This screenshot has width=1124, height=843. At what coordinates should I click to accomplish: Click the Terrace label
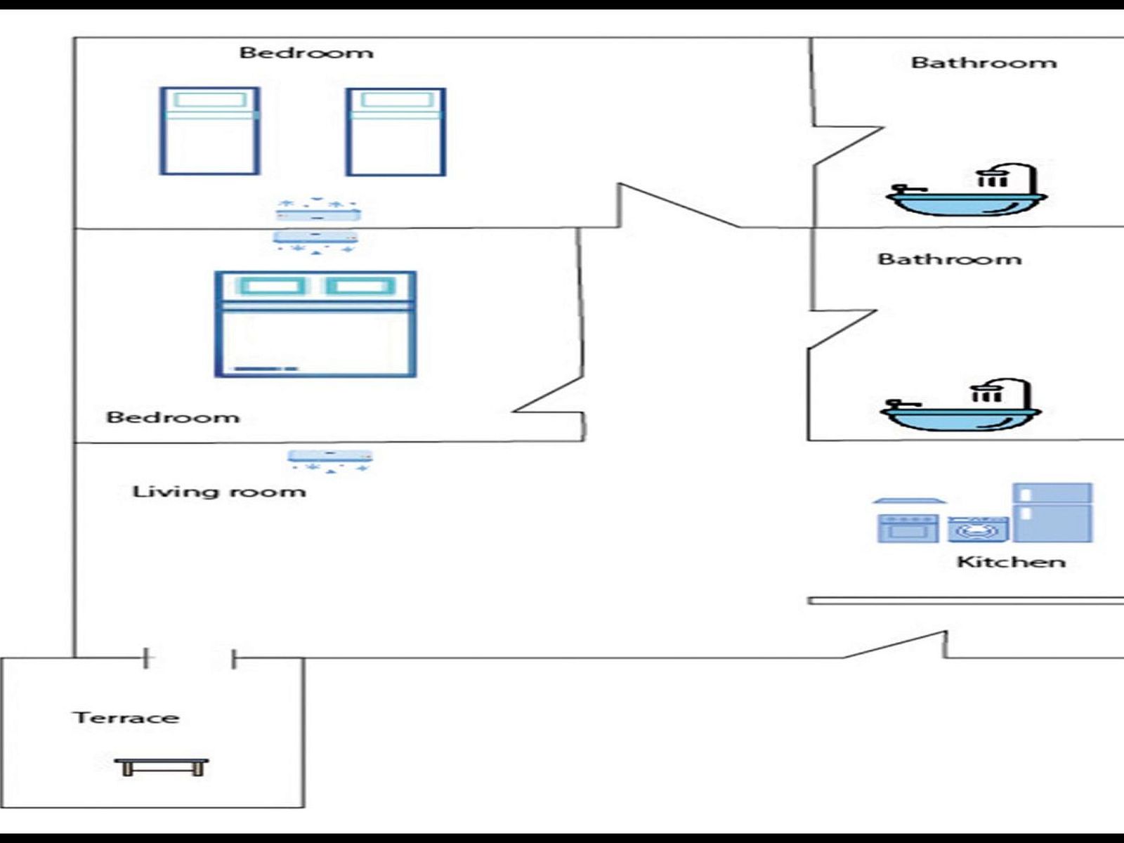tap(126, 717)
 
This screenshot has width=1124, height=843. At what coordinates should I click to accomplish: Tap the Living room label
tap(219, 491)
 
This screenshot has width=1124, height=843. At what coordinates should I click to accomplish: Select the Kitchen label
tap(1011, 561)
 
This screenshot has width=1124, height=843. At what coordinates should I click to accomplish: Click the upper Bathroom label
tap(983, 63)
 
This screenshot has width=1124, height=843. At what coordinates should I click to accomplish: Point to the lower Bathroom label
tap(950, 259)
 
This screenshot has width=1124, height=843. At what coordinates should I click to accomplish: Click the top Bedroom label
tap(306, 53)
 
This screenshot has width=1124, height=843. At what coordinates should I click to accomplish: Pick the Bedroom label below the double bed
tap(173, 417)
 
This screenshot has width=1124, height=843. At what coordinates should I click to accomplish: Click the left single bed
tap(210, 131)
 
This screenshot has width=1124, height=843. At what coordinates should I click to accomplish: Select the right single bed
tap(396, 131)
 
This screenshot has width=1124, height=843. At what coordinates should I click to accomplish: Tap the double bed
tap(315, 325)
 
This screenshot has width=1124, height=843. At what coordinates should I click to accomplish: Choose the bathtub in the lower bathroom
tap(960, 414)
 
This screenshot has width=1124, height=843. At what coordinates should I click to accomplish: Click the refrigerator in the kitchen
tap(1052, 512)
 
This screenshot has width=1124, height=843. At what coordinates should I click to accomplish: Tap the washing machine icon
tap(978, 530)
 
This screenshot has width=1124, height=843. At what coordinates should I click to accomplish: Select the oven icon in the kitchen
tap(908, 528)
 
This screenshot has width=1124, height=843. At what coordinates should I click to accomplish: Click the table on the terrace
tap(162, 766)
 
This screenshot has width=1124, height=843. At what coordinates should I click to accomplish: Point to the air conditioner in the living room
tap(330, 457)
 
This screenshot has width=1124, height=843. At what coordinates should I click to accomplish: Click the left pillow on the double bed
tap(272, 286)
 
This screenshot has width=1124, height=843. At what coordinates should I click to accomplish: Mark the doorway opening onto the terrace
tap(190, 658)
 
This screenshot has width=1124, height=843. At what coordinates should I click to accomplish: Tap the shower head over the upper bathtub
tap(991, 178)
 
